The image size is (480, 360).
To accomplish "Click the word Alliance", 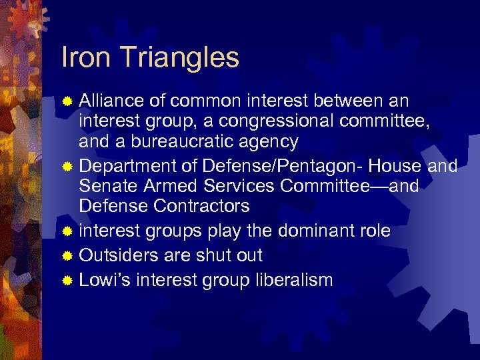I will pos(112,101).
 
